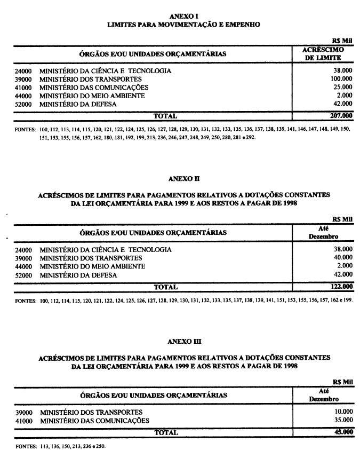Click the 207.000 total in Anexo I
pyautogui.click(x=341, y=115)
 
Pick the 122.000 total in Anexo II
pyautogui.click(x=341, y=287)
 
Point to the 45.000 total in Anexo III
pyautogui.click(x=343, y=432)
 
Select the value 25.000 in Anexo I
pyautogui.click(x=342, y=87)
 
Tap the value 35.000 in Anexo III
pyautogui.click(x=342, y=421)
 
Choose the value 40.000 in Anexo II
pyautogui.click(x=342, y=258)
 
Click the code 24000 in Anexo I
pyautogui.click(x=24, y=71)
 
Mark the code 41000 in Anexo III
pyautogui.click(x=24, y=421)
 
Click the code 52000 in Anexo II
pyautogui.click(x=24, y=275)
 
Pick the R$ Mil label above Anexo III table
pyautogui.click(x=343, y=382)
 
